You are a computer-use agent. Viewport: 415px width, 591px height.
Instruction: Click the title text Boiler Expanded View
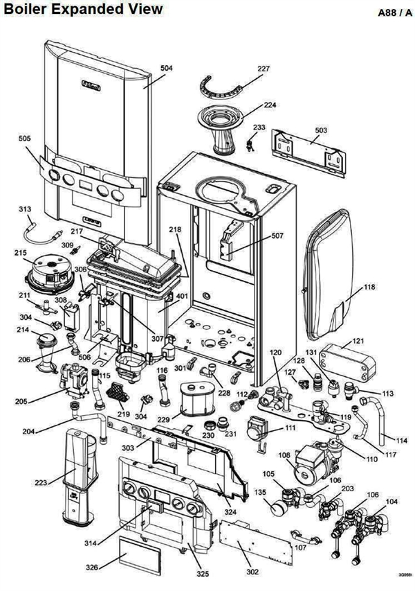point(83,9)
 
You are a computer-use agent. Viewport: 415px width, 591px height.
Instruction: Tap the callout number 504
point(166,68)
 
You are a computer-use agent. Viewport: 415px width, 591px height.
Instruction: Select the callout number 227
point(264,69)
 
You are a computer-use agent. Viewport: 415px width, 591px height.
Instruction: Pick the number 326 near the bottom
point(92,567)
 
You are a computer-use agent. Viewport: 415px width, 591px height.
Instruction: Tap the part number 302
point(252,572)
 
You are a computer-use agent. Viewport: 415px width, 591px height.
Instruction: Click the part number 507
point(277,236)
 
